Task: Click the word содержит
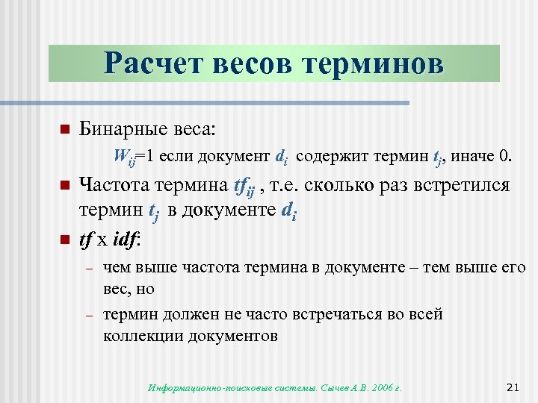[336, 157]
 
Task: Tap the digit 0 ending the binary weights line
[509, 157]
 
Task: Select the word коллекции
[140, 335]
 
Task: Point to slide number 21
[513, 386]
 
